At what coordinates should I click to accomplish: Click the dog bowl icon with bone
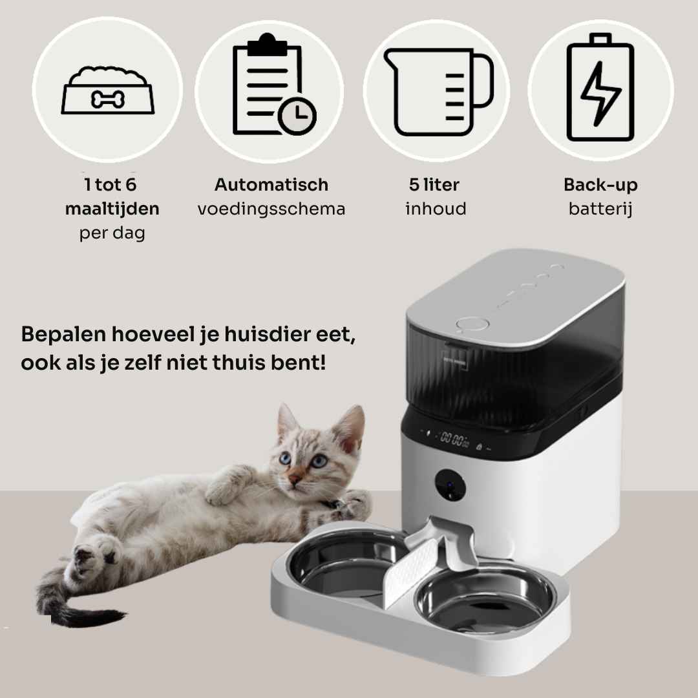click(x=108, y=90)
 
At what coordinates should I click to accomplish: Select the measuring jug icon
click(x=438, y=92)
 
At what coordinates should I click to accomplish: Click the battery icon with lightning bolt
click(x=600, y=87)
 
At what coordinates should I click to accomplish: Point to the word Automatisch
click(x=271, y=185)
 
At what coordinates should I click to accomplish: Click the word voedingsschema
click(x=271, y=209)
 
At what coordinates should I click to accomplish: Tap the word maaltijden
click(x=112, y=209)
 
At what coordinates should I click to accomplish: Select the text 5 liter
click(x=434, y=185)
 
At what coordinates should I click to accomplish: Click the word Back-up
click(x=600, y=185)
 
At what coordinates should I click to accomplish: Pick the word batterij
click(x=600, y=209)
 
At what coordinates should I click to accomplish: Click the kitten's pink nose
click(x=294, y=479)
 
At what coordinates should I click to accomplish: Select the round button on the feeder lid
click(x=472, y=324)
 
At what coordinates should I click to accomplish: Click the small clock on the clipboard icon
click(x=297, y=116)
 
